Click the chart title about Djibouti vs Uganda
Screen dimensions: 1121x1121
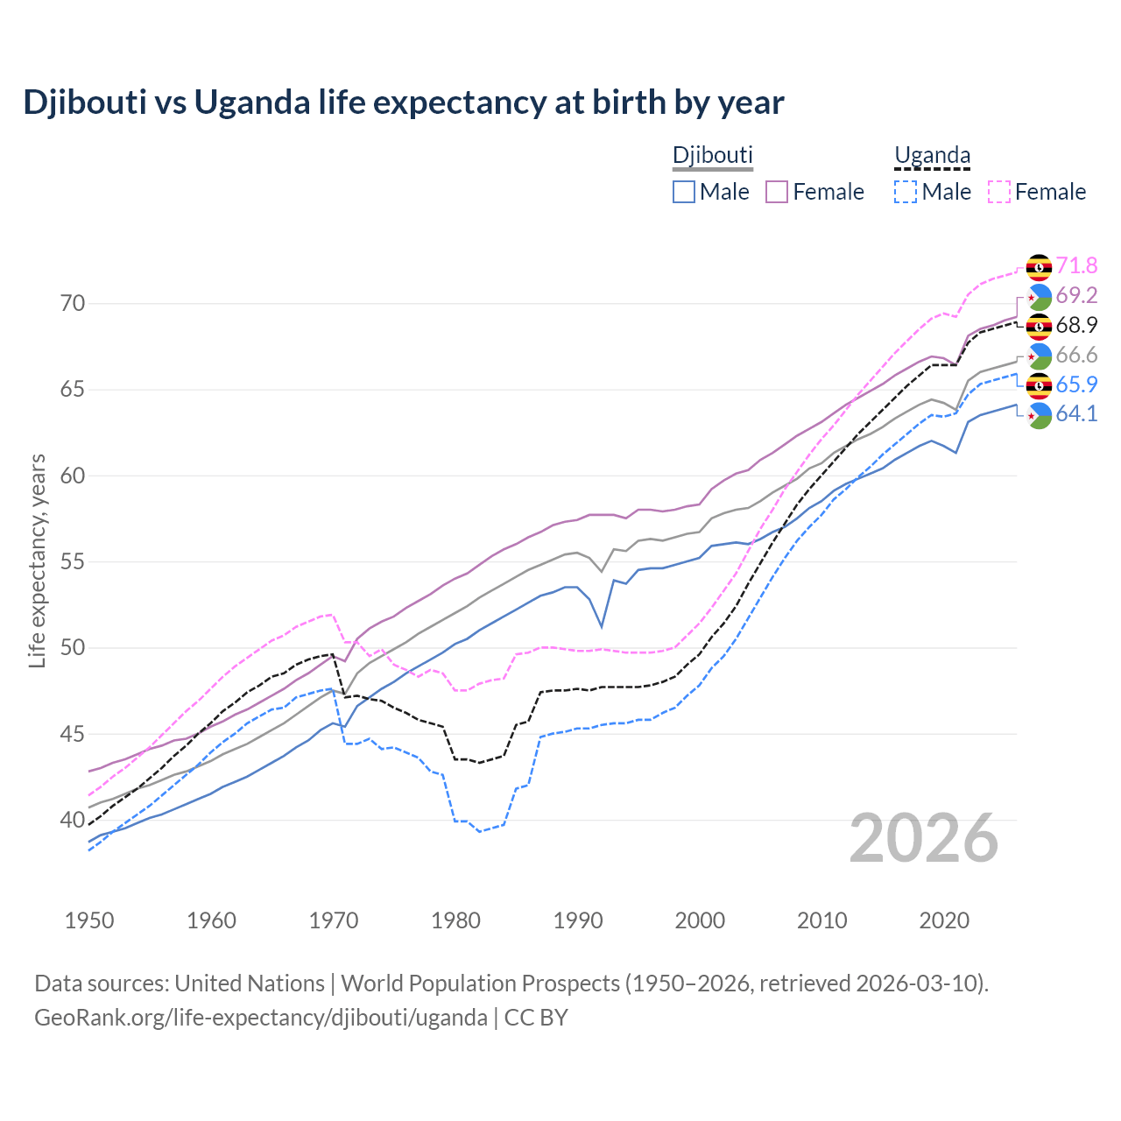404,102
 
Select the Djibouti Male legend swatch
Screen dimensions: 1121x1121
684,192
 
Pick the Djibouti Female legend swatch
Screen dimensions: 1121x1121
777,192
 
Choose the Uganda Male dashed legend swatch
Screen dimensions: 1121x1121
906,192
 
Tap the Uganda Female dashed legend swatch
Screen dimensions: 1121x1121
999,192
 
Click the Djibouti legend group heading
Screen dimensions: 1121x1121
712,155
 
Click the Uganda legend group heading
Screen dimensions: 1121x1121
932,155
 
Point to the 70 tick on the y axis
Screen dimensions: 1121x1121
73,304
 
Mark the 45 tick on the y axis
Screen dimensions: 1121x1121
73,734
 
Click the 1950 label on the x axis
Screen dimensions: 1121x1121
89,920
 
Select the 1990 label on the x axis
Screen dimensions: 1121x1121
578,920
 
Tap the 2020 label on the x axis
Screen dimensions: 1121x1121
944,920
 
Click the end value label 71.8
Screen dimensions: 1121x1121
1076,265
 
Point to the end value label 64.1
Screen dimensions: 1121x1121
1076,414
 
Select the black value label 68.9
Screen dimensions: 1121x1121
1076,325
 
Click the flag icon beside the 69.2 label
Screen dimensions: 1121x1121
1039,296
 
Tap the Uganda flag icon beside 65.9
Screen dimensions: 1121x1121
1039,385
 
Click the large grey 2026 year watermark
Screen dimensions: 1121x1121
924,838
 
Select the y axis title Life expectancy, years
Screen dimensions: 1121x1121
38,560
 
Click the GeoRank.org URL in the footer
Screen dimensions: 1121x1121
261,1018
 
